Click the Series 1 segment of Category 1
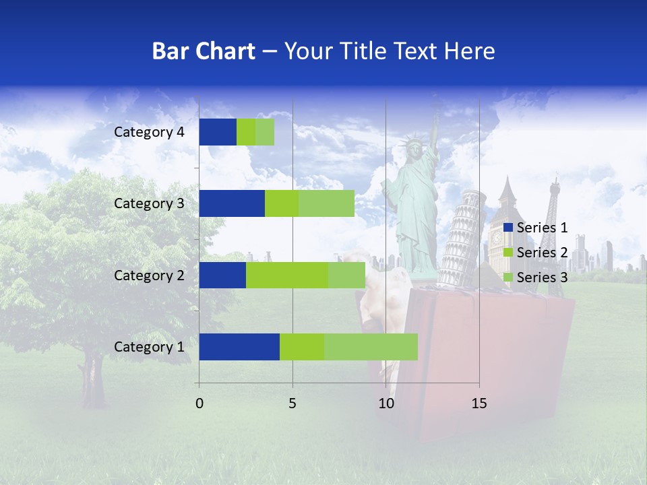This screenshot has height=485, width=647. [239, 347]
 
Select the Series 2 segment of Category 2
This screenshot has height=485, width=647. [287, 276]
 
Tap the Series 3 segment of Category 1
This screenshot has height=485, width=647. [371, 347]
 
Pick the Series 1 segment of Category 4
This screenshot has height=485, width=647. [218, 132]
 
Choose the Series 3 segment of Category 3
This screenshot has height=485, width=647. [326, 203]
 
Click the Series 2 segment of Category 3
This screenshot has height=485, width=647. [282, 203]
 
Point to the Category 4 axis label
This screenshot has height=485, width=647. [149, 132]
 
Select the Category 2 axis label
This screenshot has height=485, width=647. [149, 276]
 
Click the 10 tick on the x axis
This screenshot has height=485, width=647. [386, 403]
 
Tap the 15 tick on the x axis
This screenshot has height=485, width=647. [479, 403]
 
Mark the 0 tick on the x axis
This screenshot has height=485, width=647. [199, 403]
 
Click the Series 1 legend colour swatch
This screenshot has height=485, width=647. [508, 228]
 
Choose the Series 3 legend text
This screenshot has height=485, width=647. [542, 278]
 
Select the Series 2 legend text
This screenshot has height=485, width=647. [542, 253]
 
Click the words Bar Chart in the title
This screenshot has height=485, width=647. [204, 51]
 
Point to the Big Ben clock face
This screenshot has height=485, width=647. [497, 237]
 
